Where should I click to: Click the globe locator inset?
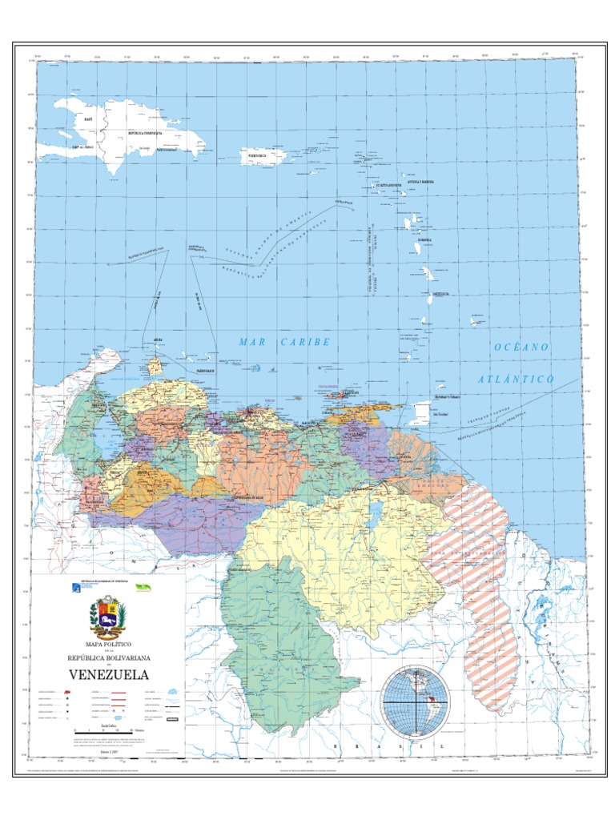(416, 701)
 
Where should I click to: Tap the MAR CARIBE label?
(284, 342)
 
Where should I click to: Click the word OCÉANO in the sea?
(521, 348)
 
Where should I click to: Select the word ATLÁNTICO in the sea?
(517, 379)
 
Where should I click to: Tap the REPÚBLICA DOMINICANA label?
(145, 133)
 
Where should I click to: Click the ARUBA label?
(159, 340)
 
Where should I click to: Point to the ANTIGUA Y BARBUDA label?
(422, 182)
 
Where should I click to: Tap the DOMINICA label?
(424, 239)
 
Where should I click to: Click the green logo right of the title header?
(145, 587)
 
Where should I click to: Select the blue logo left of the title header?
(76, 589)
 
